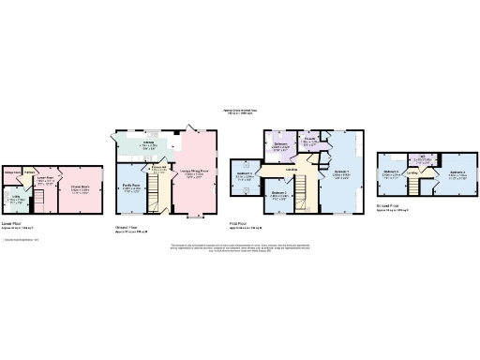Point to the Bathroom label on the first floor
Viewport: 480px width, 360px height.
pyautogui.click(x=279, y=145)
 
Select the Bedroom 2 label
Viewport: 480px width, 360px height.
pyautogui.click(x=279, y=194)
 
